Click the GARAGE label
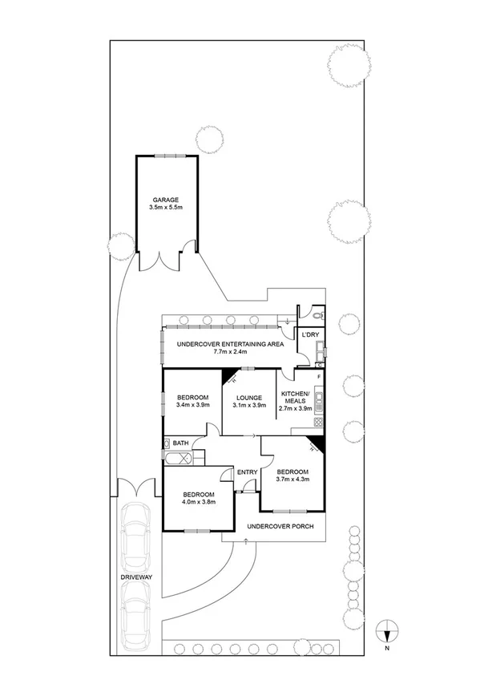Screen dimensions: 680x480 tap(166, 200)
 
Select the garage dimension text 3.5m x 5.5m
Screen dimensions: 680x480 tap(166, 208)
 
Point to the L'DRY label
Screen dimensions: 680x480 tap(310, 334)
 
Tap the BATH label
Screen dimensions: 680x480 tap(181, 442)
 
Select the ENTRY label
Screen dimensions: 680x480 tap(247, 472)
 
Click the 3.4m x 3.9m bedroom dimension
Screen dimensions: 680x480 tap(192, 406)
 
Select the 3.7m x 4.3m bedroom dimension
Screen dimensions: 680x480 tap(292, 480)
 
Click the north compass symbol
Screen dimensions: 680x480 tap(386, 631)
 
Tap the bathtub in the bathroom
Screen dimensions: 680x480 tap(179, 459)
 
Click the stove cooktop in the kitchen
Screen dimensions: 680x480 tap(318, 422)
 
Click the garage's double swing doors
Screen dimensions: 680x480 tap(166, 261)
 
